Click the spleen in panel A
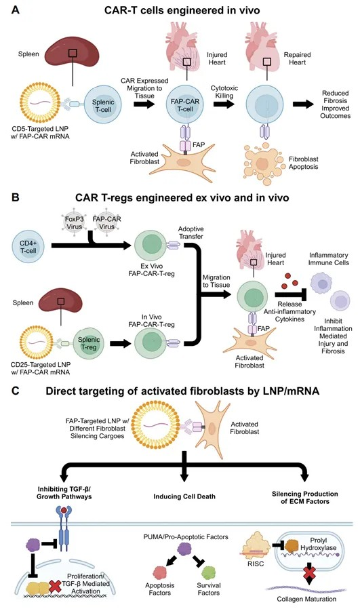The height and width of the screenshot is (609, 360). tap(73, 52)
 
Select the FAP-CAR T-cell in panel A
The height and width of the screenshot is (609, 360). tap(185, 104)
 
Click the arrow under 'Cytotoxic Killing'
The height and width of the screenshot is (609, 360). tap(224, 104)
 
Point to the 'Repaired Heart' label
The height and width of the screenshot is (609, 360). tap(297, 58)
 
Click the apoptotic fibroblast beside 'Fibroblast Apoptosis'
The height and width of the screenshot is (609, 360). tap(264, 163)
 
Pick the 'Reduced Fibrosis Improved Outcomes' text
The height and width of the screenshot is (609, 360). tap(335, 104)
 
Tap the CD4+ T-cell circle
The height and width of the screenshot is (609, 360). tap(28, 247)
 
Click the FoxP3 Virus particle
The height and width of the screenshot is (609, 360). tap(75, 222)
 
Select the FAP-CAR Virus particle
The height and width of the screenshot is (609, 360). tap(106, 222)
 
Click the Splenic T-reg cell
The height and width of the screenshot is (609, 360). tap(89, 343)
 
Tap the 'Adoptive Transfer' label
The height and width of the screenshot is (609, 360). tap(191, 233)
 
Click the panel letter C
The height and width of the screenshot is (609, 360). tap(16, 391)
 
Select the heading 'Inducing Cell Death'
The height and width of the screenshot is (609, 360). tap(184, 496)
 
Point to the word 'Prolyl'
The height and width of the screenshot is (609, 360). tap(319, 541)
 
